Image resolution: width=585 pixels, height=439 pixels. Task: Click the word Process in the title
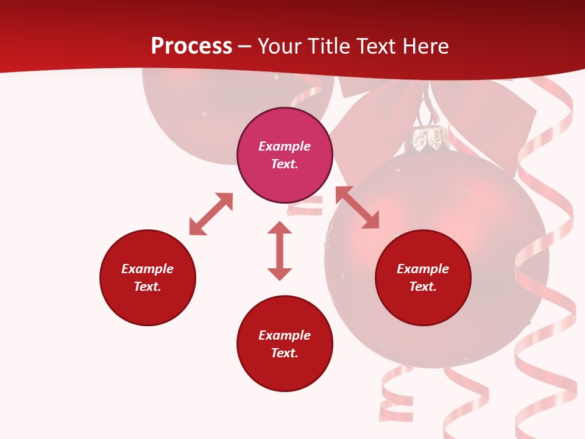pos(191,46)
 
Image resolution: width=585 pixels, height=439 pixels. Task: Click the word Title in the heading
pos(327,46)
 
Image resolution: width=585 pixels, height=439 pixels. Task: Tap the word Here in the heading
pos(425,46)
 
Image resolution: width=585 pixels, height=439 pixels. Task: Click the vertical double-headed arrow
pos(280,251)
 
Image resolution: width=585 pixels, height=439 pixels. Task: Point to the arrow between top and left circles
pos(211,214)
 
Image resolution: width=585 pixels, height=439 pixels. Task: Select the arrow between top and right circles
pos(357,207)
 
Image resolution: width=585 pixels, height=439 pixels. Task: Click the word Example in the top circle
pos(285,146)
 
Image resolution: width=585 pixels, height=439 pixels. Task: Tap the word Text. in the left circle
pos(147,287)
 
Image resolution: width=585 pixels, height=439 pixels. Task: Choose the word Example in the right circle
pos(423,269)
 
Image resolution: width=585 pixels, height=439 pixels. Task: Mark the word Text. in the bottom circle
pos(285,353)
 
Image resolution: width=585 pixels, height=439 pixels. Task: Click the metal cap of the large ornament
pos(428,139)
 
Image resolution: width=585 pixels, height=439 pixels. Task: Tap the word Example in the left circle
pos(147,269)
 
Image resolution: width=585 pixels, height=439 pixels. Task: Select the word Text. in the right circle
pos(423,287)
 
